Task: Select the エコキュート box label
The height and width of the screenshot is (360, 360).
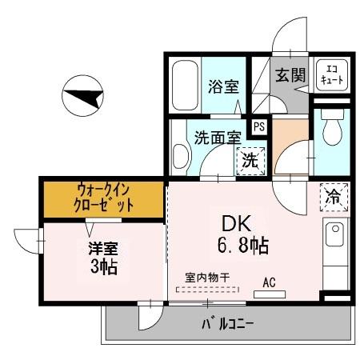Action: click(330, 74)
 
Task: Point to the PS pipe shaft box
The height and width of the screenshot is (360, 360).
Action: click(258, 125)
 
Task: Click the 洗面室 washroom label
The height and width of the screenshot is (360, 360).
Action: click(218, 137)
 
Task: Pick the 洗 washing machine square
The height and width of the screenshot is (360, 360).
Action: click(250, 159)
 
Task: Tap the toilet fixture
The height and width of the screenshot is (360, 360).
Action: click(330, 128)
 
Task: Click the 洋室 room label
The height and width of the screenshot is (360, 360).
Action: click(102, 248)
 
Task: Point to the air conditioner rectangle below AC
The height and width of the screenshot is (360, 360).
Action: click(269, 294)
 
